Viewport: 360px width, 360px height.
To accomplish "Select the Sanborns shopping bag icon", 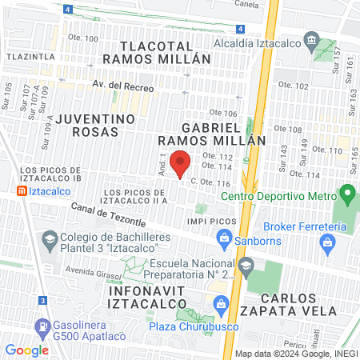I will (224, 238).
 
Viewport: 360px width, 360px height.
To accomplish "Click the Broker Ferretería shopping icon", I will (327, 241).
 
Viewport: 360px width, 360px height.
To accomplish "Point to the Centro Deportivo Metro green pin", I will (346, 193).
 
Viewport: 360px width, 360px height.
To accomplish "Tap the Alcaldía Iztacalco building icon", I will (312, 41).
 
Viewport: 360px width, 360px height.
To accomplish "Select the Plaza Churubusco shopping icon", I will (222, 302).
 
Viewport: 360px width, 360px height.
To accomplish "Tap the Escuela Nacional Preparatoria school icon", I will (246, 265).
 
